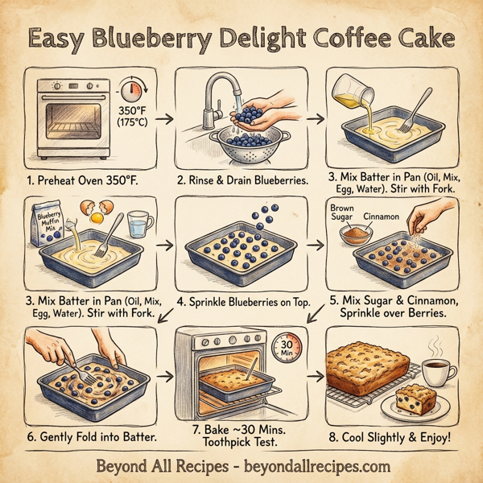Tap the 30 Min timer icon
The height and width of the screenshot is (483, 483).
[283, 349]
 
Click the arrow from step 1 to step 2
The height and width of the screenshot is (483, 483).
[162, 120]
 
